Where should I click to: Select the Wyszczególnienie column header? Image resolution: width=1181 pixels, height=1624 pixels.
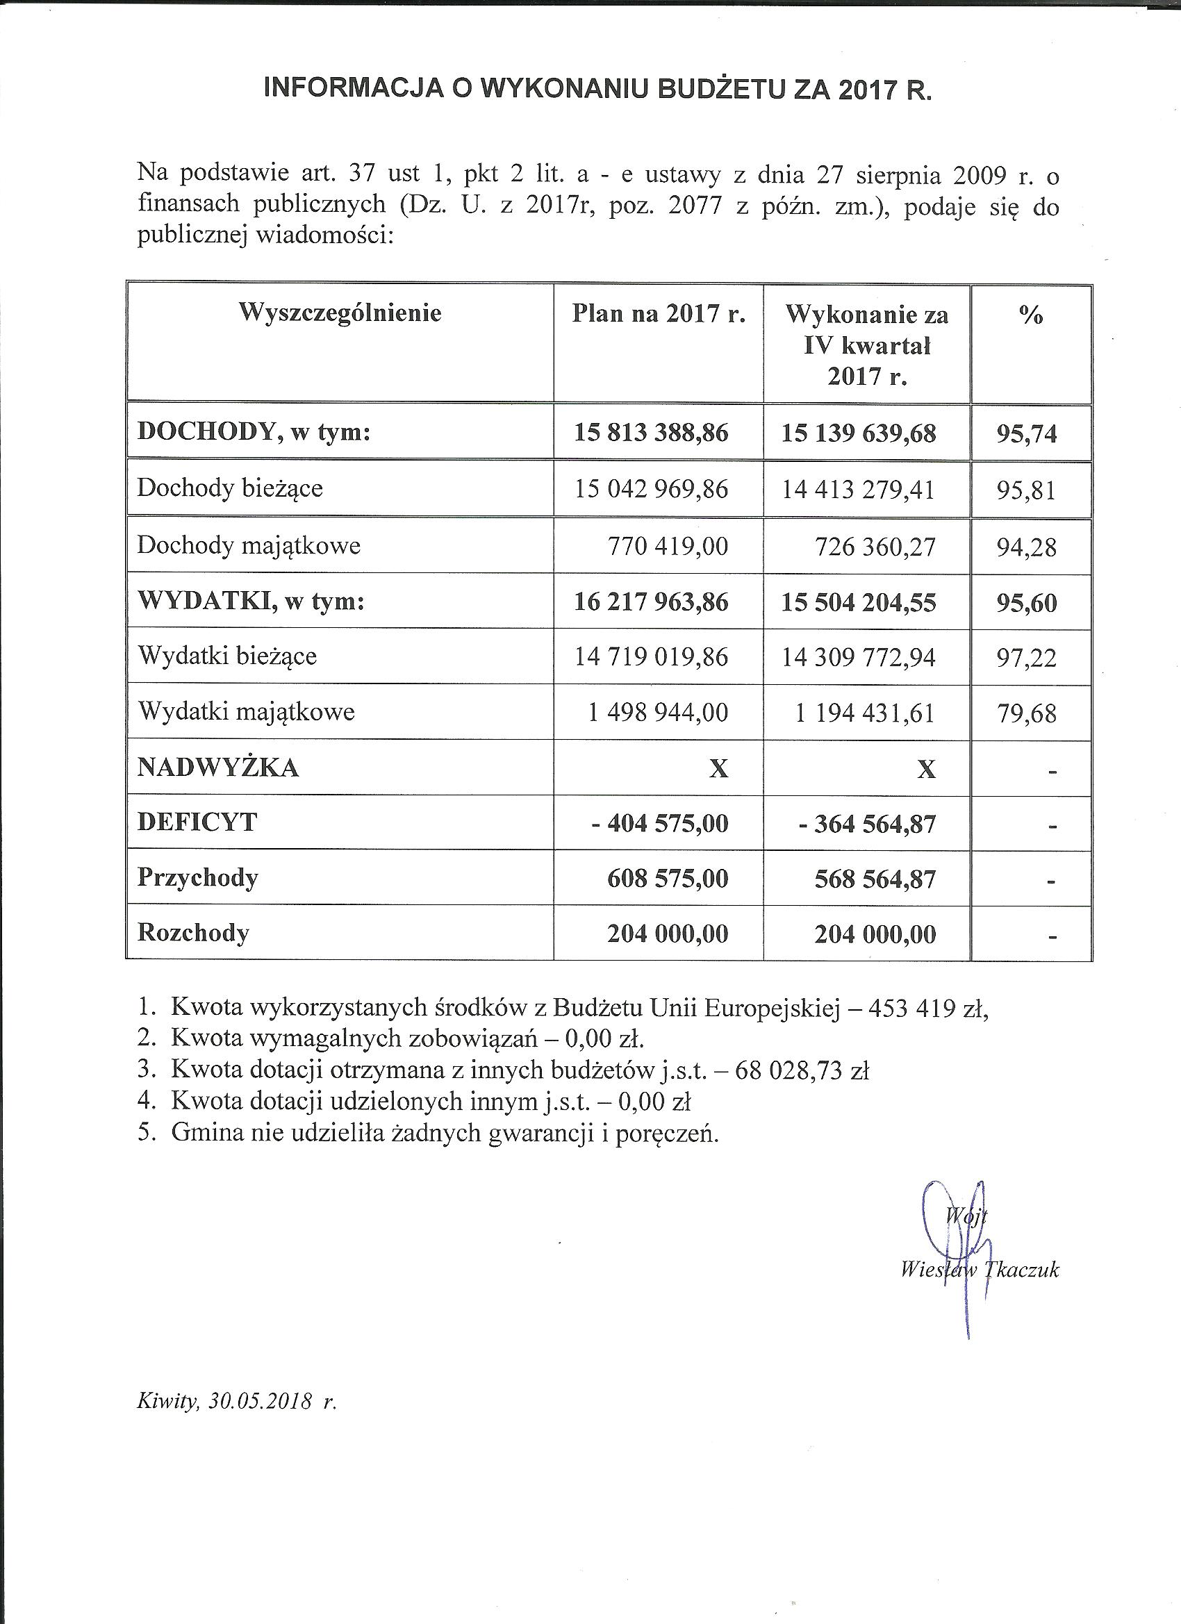tap(340, 313)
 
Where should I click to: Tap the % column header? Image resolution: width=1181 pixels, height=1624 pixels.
tap(1031, 315)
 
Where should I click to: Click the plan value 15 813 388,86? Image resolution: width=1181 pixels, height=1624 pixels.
tap(651, 433)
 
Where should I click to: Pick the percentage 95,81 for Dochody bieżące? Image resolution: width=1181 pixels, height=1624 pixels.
tap(1026, 490)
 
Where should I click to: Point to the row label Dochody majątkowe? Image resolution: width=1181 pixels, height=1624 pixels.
tap(249, 546)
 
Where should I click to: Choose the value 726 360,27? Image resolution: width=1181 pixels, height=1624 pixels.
tap(875, 547)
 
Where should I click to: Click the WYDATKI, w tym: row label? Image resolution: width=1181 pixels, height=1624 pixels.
tap(251, 601)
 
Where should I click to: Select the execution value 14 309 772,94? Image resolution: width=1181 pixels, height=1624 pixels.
tap(858, 657)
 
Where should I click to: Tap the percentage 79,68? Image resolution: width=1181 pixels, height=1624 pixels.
tap(1026, 713)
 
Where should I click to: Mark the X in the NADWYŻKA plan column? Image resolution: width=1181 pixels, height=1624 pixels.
tap(718, 769)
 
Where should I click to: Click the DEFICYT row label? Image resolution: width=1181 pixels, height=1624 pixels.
tap(197, 822)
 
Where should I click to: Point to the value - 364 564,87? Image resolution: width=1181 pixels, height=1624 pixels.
tap(866, 825)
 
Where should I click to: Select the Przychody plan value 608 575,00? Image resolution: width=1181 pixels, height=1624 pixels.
tap(668, 879)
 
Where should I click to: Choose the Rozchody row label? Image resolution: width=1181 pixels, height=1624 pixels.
tap(193, 933)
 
